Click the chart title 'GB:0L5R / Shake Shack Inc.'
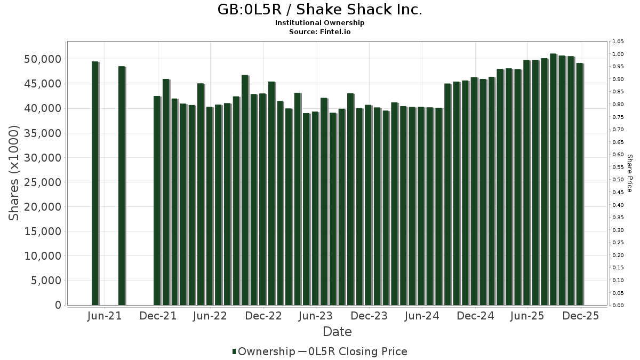tap(319, 10)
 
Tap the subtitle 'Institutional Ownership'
tap(319, 23)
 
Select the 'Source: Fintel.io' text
tap(319, 32)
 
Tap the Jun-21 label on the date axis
tap(104, 316)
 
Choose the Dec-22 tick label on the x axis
tap(263, 316)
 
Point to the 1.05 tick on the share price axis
tap(618, 42)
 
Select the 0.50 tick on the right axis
tap(618, 180)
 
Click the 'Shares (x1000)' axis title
tap(14, 173)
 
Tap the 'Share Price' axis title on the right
tap(629, 173)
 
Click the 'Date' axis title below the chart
tap(337, 332)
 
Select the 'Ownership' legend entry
tap(266, 351)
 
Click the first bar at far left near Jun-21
tap(95, 183)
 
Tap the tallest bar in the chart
tap(553, 179)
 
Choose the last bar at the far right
tap(579, 184)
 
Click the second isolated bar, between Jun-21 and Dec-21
tap(122, 186)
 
